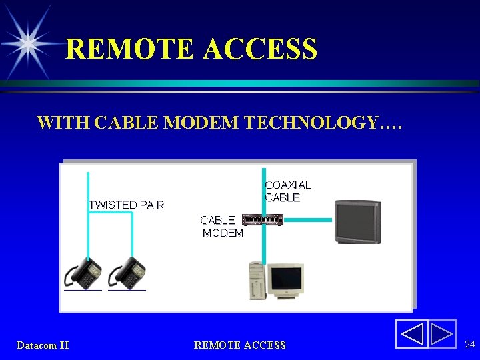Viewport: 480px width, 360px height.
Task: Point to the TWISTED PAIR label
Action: (x=126, y=205)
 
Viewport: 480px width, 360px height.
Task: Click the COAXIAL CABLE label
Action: (x=287, y=191)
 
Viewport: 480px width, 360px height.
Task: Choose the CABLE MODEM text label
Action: (x=221, y=227)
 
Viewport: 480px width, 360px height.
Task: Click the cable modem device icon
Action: (x=263, y=219)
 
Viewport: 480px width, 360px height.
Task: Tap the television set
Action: (x=357, y=222)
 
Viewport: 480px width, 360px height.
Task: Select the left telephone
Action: (x=83, y=273)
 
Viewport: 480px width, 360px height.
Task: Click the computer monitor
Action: (x=285, y=280)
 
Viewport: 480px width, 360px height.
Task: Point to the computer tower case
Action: (x=257, y=281)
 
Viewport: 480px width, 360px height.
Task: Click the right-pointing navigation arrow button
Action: (x=441, y=334)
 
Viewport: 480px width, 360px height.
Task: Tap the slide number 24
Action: (x=469, y=344)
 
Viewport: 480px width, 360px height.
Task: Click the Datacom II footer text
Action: (x=43, y=345)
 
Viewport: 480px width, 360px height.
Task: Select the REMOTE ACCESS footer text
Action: (x=239, y=345)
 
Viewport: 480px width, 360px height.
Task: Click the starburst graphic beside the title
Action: (x=29, y=43)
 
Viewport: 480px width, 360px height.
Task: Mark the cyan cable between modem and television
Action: (x=307, y=219)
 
